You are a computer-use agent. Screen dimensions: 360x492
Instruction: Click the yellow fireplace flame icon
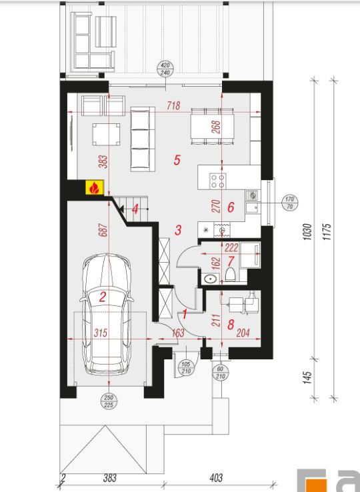(95, 187)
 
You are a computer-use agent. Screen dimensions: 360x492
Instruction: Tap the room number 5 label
(177, 160)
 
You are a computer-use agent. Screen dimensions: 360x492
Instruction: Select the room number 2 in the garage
(103, 297)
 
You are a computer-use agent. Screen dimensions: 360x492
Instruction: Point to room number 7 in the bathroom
(231, 261)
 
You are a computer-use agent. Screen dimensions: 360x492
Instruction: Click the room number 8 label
(231, 325)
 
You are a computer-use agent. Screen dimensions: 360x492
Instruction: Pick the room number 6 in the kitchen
(231, 207)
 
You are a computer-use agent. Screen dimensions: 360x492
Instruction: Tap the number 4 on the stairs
(135, 209)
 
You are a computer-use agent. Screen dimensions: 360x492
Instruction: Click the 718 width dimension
(173, 106)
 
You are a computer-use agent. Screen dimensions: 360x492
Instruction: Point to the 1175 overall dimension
(327, 231)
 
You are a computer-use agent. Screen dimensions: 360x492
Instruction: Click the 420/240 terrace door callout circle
(165, 69)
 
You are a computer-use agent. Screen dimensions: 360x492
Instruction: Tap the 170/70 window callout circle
(290, 203)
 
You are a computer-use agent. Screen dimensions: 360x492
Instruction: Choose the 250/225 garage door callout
(109, 401)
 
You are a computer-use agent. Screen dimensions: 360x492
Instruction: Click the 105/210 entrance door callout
(186, 368)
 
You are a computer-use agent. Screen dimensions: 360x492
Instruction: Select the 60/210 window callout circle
(220, 373)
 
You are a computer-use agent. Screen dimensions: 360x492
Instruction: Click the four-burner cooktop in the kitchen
(218, 181)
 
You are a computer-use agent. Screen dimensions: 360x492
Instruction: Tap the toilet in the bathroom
(231, 274)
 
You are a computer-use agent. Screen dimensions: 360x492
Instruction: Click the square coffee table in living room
(106, 134)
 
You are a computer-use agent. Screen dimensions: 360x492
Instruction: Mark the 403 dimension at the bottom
(216, 478)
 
